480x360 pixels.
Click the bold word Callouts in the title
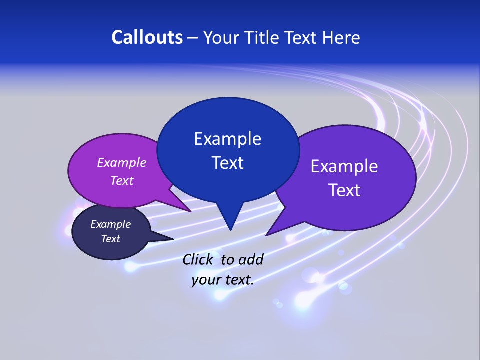pos(147,37)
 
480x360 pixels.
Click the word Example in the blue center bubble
pos(227,139)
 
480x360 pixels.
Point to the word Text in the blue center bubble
pos(227,163)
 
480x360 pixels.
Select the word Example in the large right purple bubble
pos(344,166)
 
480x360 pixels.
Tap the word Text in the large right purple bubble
pos(344,190)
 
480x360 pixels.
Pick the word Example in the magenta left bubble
pos(122,162)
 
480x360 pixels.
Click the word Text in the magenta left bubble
pos(122,180)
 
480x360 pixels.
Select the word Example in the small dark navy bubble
pos(110,224)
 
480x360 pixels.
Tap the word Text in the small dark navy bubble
pos(110,239)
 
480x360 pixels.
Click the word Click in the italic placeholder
pos(198,259)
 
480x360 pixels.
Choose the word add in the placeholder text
pos(250,259)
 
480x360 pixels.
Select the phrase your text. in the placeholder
pos(222,280)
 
